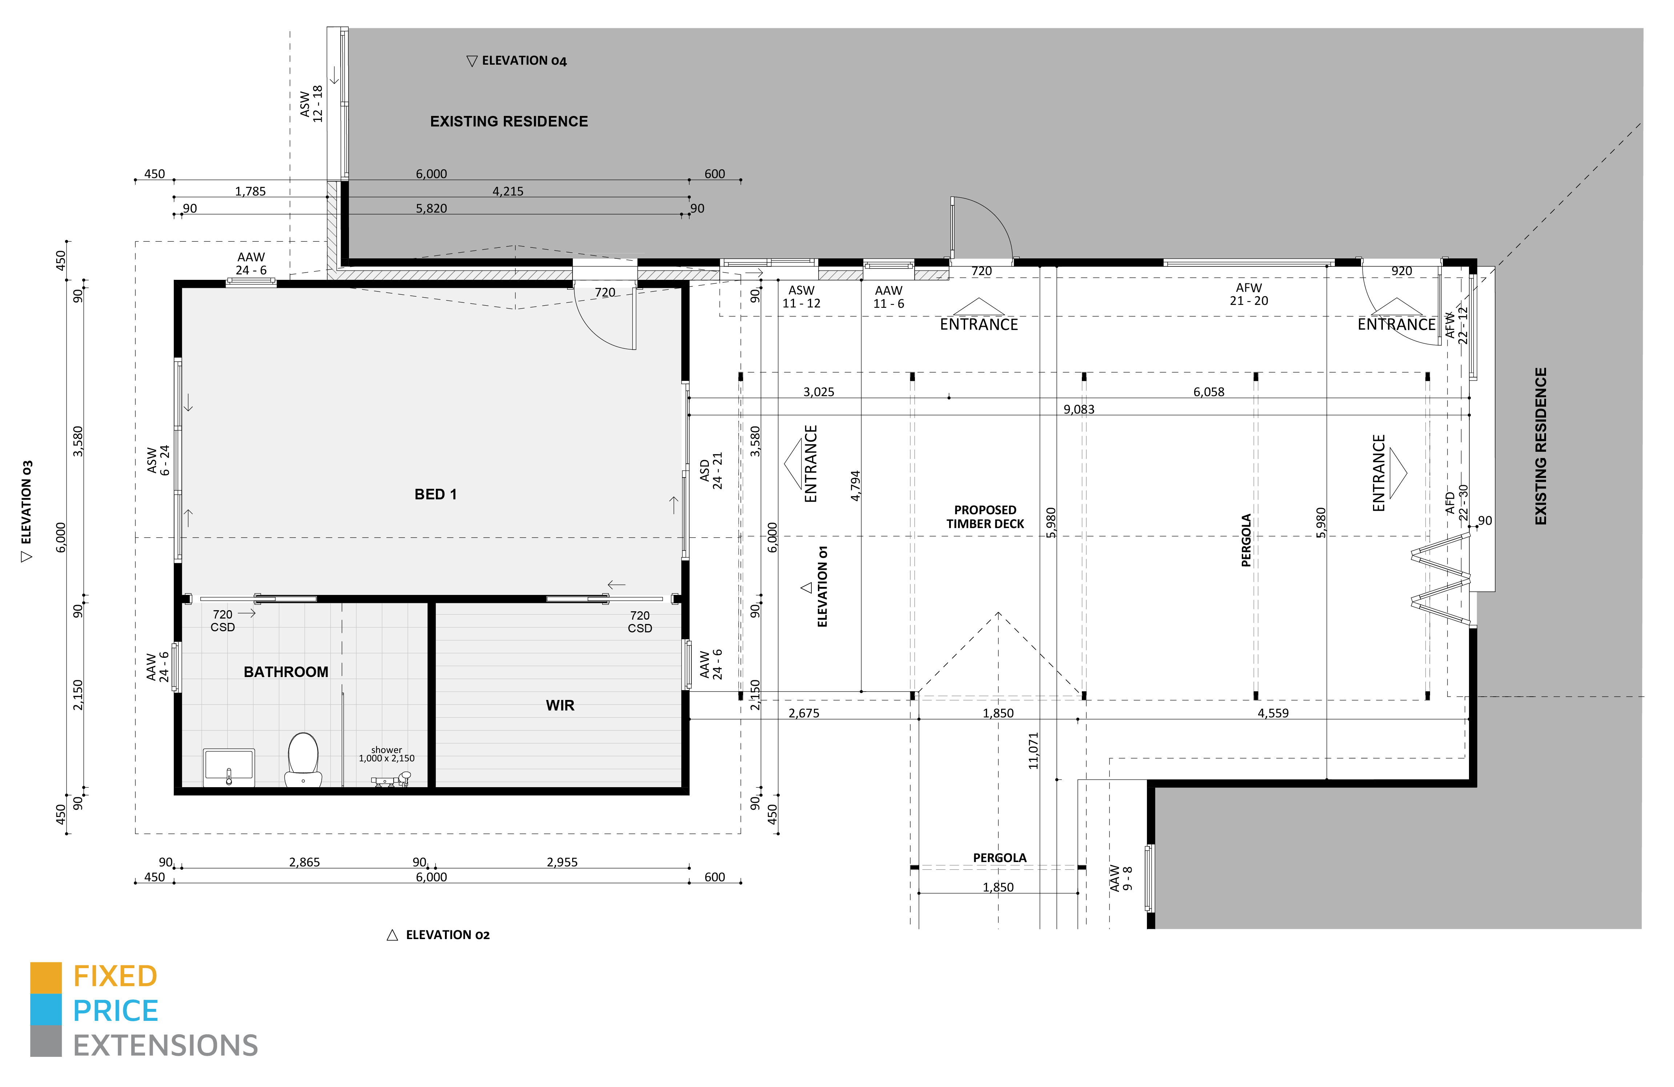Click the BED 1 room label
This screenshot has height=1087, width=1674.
point(435,494)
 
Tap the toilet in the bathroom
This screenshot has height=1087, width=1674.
point(303,759)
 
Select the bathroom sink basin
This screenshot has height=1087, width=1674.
point(229,766)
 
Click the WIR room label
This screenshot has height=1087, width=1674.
point(560,705)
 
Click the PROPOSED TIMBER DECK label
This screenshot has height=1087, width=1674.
point(985,517)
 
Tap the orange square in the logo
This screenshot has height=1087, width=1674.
point(46,977)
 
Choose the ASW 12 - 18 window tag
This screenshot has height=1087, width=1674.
point(311,104)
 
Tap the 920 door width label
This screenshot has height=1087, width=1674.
point(1401,271)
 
